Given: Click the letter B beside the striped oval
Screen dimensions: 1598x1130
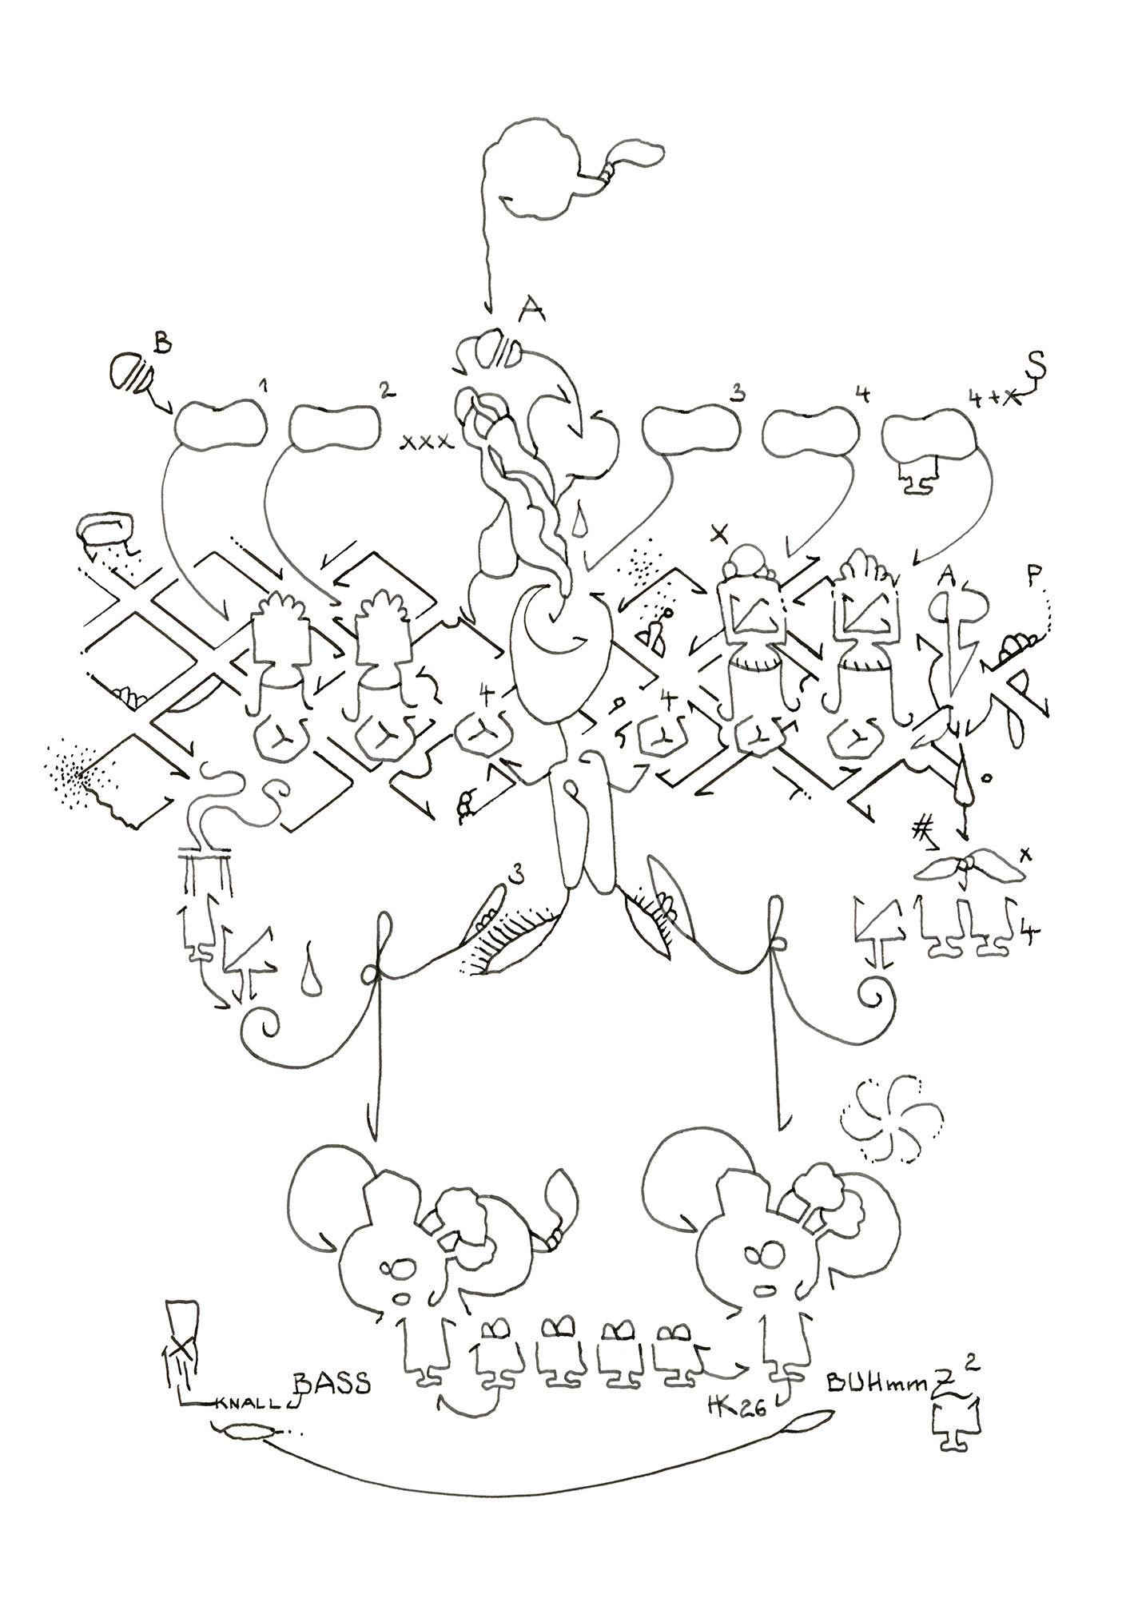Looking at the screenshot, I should [162, 345].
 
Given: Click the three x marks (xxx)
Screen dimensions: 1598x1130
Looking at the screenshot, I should [426, 440].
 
